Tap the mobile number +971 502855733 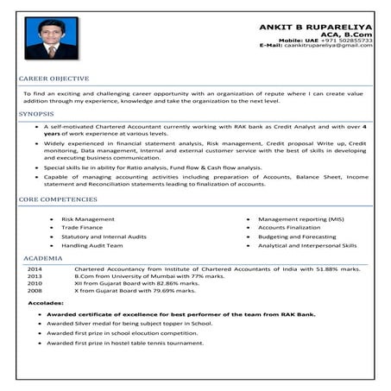point(350,40)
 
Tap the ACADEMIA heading point(43,258)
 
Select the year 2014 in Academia point(35,268)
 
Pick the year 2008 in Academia point(35,290)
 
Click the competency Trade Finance point(84,228)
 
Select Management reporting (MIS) point(300,219)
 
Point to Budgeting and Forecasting point(297,236)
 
